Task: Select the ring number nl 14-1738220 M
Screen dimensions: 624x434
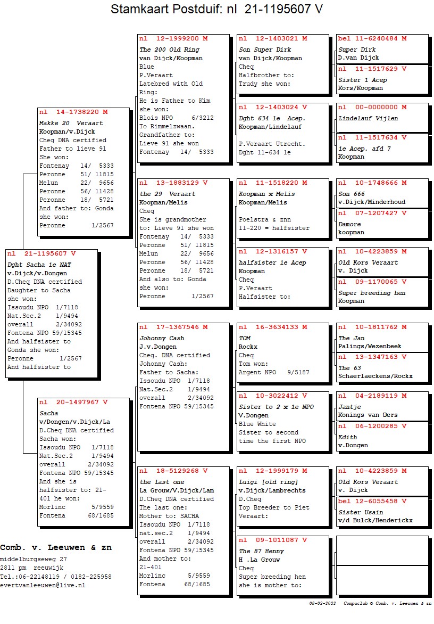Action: pos(73,112)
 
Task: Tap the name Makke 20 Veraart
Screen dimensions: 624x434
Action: pos(71,123)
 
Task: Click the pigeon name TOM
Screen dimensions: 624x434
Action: pos(245,338)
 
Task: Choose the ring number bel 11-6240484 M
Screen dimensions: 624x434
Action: pos(372,38)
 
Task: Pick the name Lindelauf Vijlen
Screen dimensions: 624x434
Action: pos(368,118)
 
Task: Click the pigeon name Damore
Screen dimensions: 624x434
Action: pos(349,224)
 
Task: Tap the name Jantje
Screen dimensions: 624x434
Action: pos(350,407)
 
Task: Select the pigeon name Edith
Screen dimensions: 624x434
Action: pos(348,437)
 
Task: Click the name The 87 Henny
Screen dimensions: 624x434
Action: pos(261,551)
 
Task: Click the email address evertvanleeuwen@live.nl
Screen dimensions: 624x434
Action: pos(43,585)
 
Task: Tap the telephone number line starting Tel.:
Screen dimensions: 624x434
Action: pos(56,577)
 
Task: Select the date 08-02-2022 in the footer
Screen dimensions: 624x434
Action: pos(322,603)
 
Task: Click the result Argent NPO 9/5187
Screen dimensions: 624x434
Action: pos(273,372)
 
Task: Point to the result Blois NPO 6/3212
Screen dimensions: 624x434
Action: pos(176,118)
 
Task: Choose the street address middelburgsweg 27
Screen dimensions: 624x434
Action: pos(34,559)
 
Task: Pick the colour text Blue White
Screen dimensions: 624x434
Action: pos(258,424)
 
